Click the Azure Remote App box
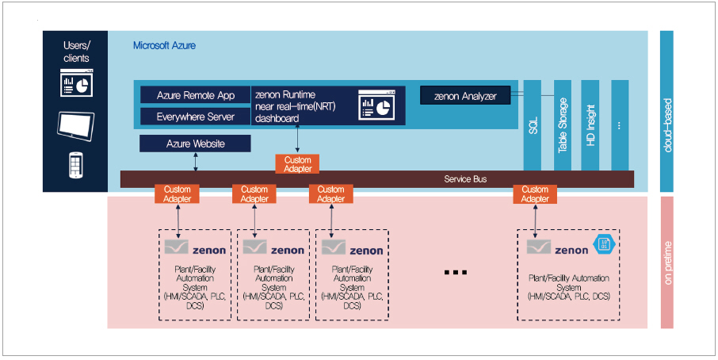(195, 96)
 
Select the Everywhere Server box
(195, 117)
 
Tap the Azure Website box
(195, 144)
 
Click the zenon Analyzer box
(465, 96)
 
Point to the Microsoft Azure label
(164, 46)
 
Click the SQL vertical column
(533, 124)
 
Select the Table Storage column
(563, 124)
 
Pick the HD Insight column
(591, 124)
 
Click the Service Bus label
(465, 179)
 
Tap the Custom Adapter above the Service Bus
(297, 164)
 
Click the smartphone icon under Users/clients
(76, 164)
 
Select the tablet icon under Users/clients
(76, 124)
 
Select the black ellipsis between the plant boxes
(456, 272)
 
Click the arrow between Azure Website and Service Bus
(195, 161)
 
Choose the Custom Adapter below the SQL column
(535, 194)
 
